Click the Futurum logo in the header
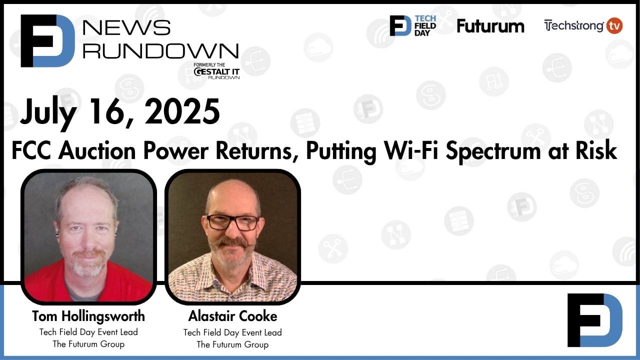(x=490, y=26)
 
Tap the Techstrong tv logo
(x=582, y=25)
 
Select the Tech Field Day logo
(x=413, y=25)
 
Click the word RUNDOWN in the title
(x=160, y=50)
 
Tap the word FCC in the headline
(x=31, y=150)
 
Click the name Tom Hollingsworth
(x=88, y=316)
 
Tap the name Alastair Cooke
(x=232, y=316)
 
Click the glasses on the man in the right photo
(x=233, y=222)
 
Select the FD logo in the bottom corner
(x=594, y=320)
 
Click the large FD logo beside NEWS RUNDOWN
(x=47, y=40)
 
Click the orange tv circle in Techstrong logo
(x=614, y=25)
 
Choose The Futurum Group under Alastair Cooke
(x=232, y=344)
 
